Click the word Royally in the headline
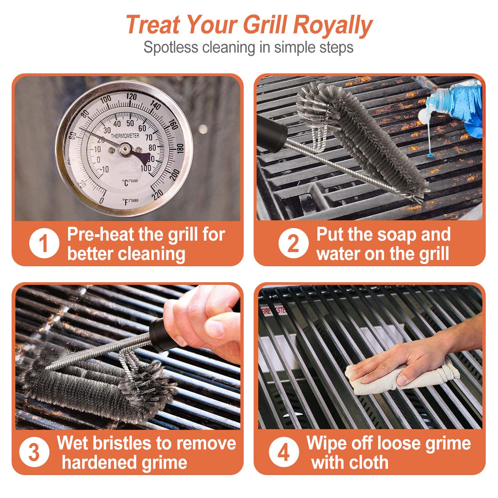[333, 25]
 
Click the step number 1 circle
[44, 244]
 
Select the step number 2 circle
[293, 244]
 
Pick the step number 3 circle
[34, 452]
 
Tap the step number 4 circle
[284, 452]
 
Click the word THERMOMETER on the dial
[125, 136]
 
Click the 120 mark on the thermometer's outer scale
[131, 97]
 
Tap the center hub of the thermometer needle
[125, 149]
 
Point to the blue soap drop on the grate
[431, 155]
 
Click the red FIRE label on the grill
[266, 311]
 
